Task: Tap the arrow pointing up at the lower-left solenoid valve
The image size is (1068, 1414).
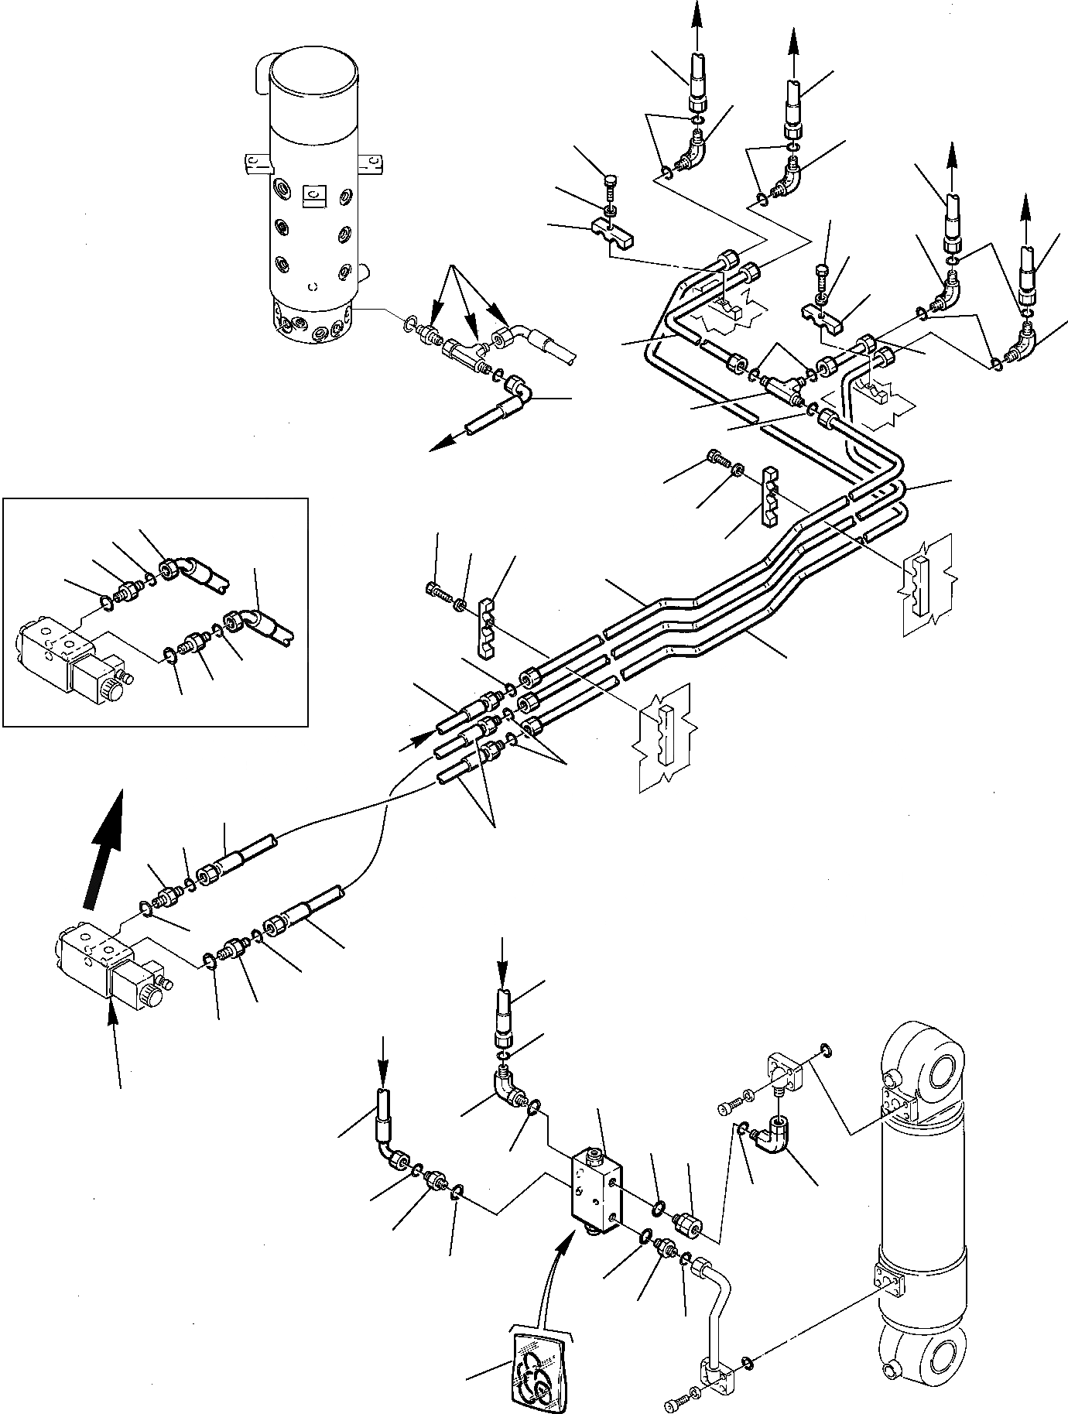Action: (115, 1037)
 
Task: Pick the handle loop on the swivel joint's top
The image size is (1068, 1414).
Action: (260, 70)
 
